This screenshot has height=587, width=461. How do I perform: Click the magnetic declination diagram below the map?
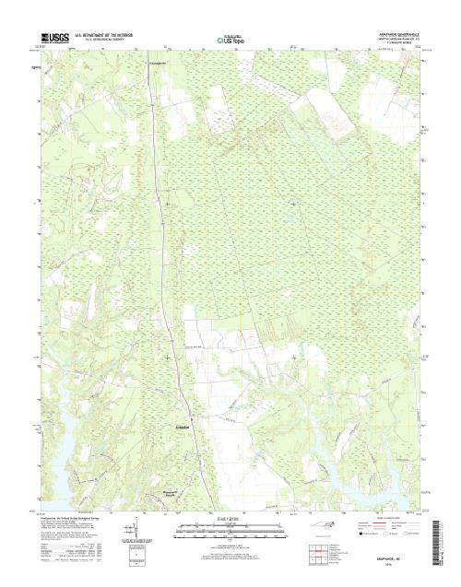(x=136, y=533)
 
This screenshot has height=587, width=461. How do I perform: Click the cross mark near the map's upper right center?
(x=294, y=204)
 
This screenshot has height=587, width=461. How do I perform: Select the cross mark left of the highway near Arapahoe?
(x=167, y=358)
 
